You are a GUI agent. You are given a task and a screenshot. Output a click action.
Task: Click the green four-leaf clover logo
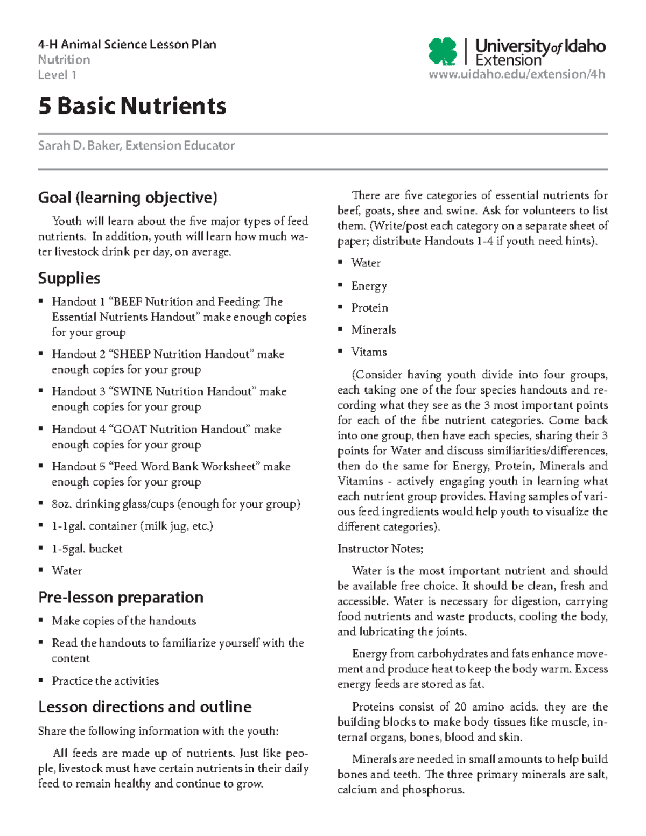443,52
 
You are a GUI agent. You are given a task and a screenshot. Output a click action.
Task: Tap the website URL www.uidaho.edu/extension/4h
517,74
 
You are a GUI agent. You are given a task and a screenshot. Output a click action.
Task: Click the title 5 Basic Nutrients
132,106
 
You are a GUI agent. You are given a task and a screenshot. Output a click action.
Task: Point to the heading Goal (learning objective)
128,198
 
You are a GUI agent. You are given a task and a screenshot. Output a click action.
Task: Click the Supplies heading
69,278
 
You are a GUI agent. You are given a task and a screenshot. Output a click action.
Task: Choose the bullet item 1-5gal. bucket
87,549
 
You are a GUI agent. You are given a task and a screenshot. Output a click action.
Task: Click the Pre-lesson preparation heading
121,598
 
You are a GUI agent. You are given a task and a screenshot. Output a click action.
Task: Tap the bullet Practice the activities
105,681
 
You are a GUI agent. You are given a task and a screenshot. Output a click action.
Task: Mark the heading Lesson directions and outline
145,707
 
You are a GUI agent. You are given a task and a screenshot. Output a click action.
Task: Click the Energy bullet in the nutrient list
369,286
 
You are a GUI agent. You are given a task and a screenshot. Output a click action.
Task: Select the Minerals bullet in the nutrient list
373,330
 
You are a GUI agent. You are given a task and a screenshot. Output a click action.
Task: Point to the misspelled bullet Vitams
369,352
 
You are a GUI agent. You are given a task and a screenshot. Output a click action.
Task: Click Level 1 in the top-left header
57,75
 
